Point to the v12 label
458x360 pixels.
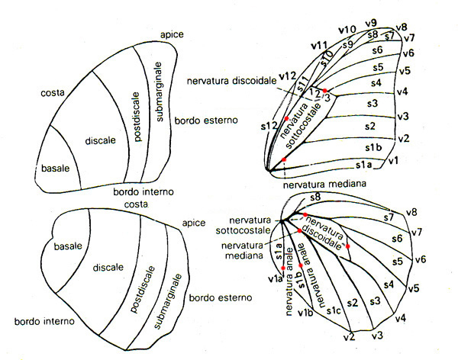tap(287, 76)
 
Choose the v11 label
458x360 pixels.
tap(319, 46)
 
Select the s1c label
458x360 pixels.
tap(333, 311)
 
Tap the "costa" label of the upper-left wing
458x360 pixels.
tap(53, 92)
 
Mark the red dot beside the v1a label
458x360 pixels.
tap(282, 268)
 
